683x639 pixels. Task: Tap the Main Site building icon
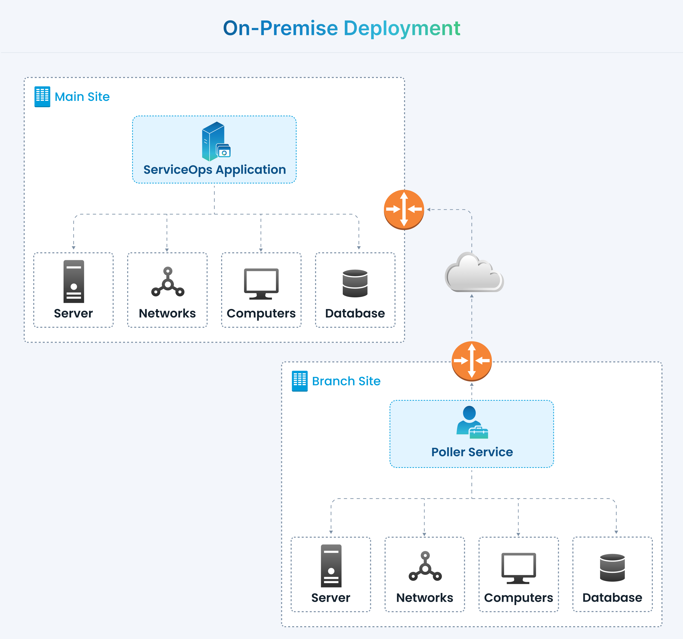(x=42, y=97)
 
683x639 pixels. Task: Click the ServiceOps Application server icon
(x=215, y=141)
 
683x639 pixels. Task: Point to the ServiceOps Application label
(x=214, y=170)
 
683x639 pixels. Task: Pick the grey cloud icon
(x=474, y=273)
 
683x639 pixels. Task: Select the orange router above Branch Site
(x=471, y=361)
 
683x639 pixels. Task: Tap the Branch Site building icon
(x=300, y=381)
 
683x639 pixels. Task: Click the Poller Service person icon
(x=471, y=422)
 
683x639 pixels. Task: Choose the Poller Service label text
(x=472, y=452)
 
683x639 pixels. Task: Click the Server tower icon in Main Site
(x=74, y=281)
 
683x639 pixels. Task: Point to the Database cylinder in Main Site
(x=355, y=283)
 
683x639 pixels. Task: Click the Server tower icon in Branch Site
(x=331, y=566)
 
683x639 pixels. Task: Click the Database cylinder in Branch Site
(x=612, y=568)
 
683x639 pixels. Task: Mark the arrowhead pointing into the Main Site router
(x=429, y=210)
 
